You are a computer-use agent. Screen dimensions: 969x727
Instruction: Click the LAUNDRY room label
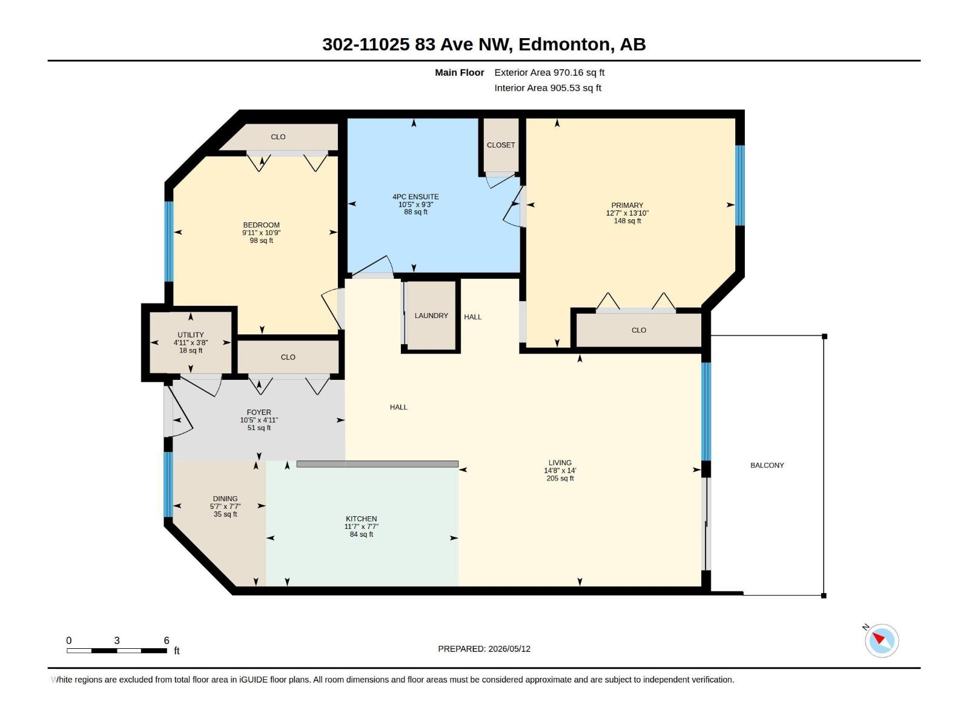pos(431,316)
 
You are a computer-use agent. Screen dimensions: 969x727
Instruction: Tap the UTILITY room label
pos(191,334)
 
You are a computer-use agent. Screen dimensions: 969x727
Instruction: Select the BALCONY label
pos(767,465)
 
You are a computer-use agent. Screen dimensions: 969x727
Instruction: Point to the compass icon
pos(882,640)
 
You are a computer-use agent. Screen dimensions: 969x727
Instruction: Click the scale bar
pos(117,651)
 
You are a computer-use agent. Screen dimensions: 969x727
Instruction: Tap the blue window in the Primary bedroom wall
pos(740,185)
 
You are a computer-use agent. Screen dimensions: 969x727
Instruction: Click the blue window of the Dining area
pos(168,484)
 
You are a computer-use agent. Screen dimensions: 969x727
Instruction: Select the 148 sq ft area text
pos(627,221)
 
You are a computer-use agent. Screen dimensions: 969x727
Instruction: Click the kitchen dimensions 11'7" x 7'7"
pos(361,526)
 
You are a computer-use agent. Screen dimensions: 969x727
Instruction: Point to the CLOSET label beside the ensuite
pos(501,145)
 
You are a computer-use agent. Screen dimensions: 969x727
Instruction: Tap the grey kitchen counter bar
pos(377,464)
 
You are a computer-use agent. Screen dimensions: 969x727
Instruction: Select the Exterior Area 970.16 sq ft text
pos(549,72)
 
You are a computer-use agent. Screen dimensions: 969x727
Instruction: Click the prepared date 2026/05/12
pos(509,649)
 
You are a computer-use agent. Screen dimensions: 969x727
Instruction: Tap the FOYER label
pos(259,413)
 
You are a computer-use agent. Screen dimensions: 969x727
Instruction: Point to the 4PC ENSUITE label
pos(415,197)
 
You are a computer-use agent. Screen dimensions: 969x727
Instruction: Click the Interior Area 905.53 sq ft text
pos(548,88)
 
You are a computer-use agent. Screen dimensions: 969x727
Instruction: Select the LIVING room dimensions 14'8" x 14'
pos(560,471)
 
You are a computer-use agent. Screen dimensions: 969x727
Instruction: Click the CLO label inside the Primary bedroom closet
pos(639,330)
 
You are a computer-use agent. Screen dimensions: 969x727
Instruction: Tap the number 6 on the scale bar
pos(167,640)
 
